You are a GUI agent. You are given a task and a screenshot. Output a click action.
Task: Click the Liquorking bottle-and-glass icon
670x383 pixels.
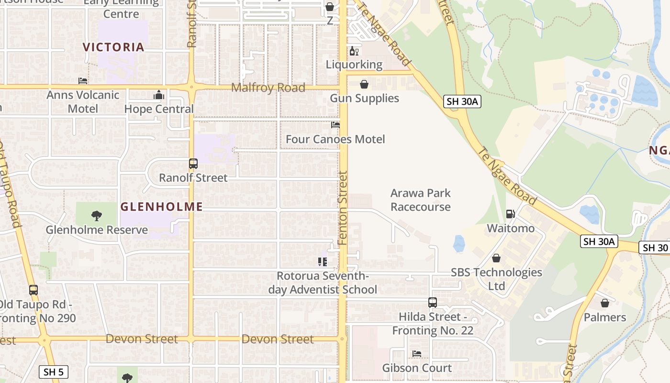(354, 51)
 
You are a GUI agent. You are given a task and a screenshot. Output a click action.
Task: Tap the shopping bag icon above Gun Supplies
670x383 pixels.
(364, 85)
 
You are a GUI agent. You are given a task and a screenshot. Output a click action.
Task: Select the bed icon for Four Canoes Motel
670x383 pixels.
(335, 125)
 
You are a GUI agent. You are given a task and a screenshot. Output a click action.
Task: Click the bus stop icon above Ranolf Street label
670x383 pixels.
(193, 164)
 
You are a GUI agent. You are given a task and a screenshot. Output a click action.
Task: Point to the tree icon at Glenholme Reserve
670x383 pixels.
(97, 216)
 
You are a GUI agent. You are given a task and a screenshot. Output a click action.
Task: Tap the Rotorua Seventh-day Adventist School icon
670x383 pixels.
(323, 262)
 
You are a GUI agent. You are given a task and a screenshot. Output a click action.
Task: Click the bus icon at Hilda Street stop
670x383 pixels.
(433, 303)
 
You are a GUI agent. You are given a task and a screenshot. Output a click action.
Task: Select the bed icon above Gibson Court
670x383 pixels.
(417, 354)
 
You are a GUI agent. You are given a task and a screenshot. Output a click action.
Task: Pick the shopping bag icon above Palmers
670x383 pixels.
(605, 303)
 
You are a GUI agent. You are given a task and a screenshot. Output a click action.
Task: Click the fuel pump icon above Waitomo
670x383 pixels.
(511, 214)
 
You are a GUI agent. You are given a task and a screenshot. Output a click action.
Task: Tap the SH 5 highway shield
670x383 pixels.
(54, 372)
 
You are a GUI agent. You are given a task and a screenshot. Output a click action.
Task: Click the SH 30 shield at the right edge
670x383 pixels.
(655, 248)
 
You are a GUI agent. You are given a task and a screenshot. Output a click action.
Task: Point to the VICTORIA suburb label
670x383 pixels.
(113, 47)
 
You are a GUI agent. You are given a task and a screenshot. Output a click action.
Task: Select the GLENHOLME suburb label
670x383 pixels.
(162, 207)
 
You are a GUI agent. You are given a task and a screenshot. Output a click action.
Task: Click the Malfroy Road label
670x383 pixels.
(268, 88)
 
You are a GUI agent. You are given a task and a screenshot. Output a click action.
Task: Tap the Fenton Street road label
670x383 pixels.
(343, 208)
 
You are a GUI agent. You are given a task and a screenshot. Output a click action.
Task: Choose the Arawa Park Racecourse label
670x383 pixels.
(421, 200)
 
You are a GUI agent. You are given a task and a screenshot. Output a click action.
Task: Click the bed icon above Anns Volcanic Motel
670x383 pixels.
(83, 81)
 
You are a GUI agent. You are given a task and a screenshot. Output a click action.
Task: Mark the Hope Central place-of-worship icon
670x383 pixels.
(159, 95)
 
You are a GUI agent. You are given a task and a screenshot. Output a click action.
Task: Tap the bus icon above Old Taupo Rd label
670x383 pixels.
(33, 290)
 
